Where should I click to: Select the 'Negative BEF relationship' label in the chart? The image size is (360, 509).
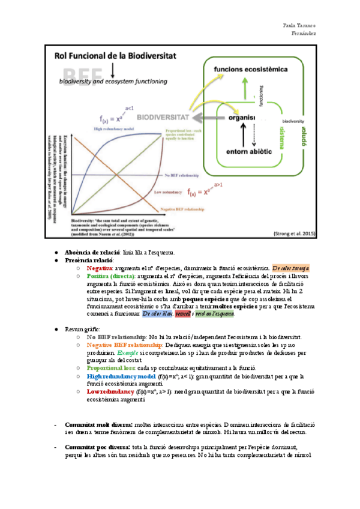click(184, 209)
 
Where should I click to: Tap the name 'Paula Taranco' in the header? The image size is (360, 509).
click(301, 25)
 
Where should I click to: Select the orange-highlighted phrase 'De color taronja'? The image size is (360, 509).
click(290, 267)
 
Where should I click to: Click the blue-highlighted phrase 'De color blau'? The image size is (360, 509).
click(158, 314)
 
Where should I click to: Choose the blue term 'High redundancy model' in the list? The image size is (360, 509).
click(117, 376)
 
